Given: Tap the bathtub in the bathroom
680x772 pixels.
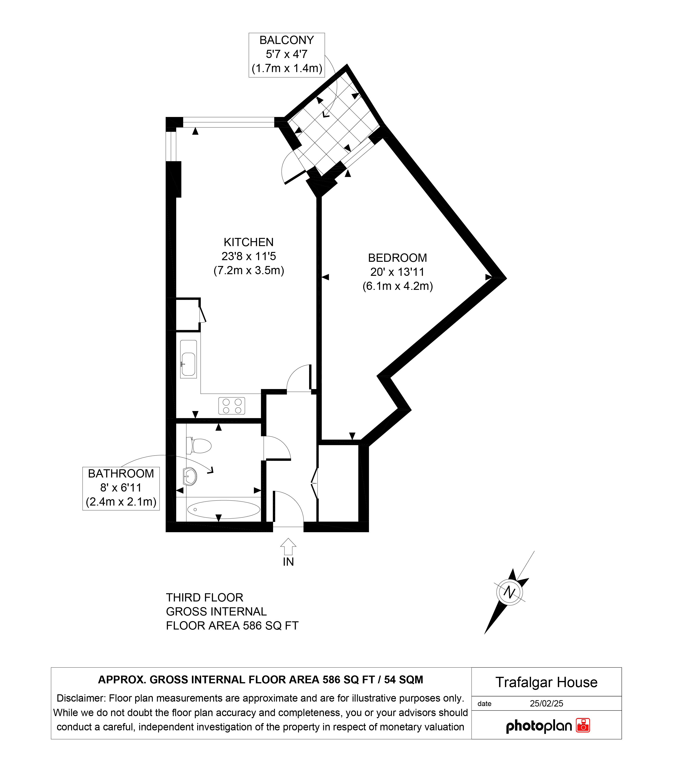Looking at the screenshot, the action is click(224, 510).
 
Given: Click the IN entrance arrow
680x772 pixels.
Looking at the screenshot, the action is click(288, 546).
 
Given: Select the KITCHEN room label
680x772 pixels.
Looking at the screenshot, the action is click(249, 242).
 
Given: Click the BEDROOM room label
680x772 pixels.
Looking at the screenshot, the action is click(397, 258).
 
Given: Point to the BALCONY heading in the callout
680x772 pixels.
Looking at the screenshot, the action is click(287, 40).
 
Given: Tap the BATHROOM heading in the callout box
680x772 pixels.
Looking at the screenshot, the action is click(121, 474).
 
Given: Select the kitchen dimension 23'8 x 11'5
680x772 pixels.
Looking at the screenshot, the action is click(249, 256).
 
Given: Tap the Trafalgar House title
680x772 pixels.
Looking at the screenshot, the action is click(546, 682).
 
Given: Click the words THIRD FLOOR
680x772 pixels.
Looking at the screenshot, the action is click(205, 597).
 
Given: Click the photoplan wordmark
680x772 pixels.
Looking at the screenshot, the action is click(539, 726).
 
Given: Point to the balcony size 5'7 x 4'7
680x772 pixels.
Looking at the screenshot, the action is click(286, 54).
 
